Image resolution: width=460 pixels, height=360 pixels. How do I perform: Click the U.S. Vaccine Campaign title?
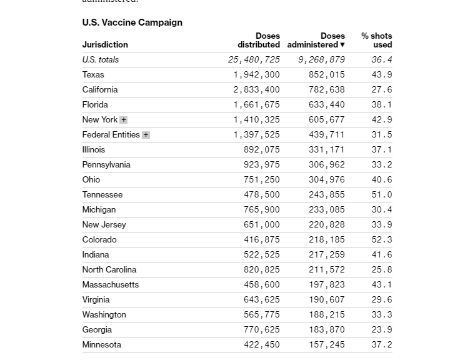tap(132, 22)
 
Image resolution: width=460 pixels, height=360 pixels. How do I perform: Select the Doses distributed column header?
tap(259, 41)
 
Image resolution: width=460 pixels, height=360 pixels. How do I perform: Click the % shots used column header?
tap(377, 41)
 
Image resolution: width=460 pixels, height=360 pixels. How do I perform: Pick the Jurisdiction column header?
tap(105, 45)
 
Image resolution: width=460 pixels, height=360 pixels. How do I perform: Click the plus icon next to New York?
tap(124, 120)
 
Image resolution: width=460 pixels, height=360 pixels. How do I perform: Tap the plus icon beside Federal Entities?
tap(146, 135)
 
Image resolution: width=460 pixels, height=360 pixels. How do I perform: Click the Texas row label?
tap(93, 75)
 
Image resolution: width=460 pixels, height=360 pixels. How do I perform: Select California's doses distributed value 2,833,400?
tap(257, 90)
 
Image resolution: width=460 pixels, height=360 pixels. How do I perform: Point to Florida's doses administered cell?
tap(327, 105)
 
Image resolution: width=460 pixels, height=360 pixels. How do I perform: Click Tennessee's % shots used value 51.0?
tap(382, 195)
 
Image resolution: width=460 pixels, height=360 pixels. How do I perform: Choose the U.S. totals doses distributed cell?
tap(254, 60)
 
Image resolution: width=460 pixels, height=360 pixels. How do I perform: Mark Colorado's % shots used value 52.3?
tap(382, 240)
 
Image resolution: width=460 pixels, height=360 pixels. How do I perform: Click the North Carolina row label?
tap(109, 270)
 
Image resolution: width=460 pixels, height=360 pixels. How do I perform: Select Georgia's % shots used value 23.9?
tap(382, 330)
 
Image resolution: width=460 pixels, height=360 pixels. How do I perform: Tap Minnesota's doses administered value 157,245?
tap(327, 345)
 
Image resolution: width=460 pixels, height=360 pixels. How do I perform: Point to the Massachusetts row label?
tap(111, 285)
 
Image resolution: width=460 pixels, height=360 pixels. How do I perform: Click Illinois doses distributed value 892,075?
tap(262, 150)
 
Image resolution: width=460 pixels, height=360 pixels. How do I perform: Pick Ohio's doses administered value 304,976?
tap(327, 180)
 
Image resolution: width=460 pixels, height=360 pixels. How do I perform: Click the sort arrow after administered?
tap(342, 45)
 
